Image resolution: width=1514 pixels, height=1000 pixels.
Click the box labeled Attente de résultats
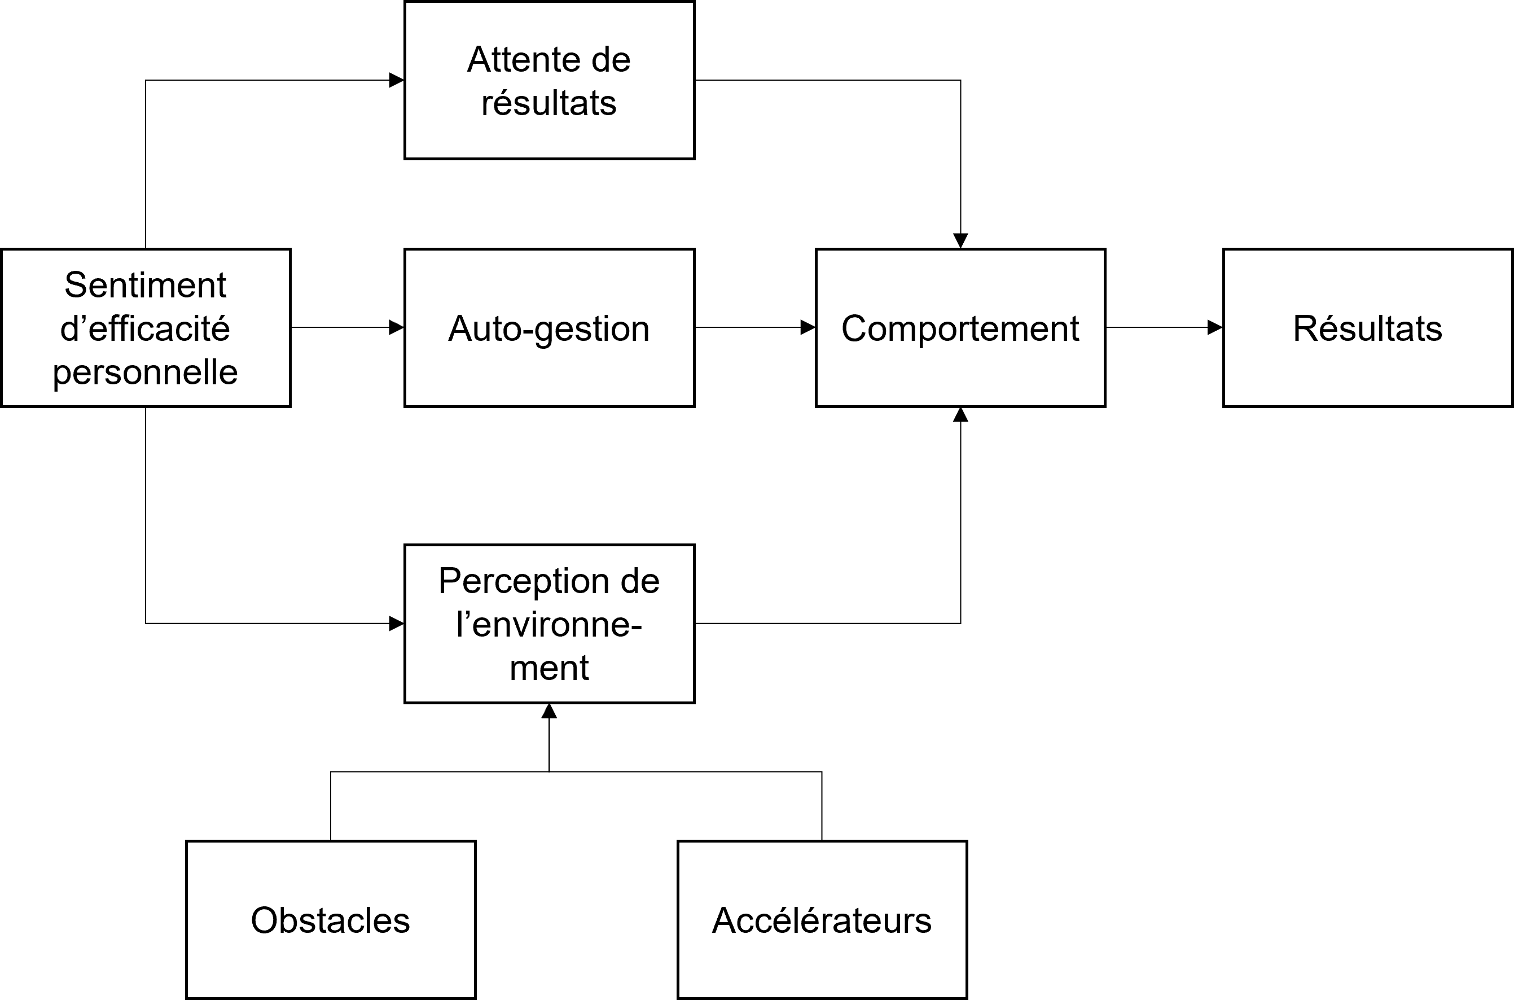point(549,80)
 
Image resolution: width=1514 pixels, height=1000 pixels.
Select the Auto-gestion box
point(549,328)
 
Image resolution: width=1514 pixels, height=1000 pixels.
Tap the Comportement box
point(960,328)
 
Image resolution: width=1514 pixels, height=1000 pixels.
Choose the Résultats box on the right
point(1368,328)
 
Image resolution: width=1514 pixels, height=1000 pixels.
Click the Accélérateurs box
point(822,920)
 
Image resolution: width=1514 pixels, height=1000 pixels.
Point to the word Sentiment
point(146,284)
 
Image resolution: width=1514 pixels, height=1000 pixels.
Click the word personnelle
point(146,372)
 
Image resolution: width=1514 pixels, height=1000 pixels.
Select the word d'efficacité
point(146,328)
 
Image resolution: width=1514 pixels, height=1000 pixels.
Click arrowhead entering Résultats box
point(1215,328)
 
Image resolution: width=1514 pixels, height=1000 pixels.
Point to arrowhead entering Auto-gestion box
point(397,328)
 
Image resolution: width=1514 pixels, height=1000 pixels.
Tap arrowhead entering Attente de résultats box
point(397,80)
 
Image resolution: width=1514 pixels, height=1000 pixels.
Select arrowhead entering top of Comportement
point(960,240)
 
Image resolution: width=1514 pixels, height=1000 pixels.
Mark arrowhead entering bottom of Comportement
point(960,415)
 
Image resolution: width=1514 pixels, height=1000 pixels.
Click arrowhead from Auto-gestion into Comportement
point(808,328)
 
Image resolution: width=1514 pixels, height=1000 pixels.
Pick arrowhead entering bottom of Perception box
point(549,711)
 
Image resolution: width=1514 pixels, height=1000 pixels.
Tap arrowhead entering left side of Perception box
point(397,624)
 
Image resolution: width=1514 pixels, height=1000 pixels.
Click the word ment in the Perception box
point(549,668)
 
